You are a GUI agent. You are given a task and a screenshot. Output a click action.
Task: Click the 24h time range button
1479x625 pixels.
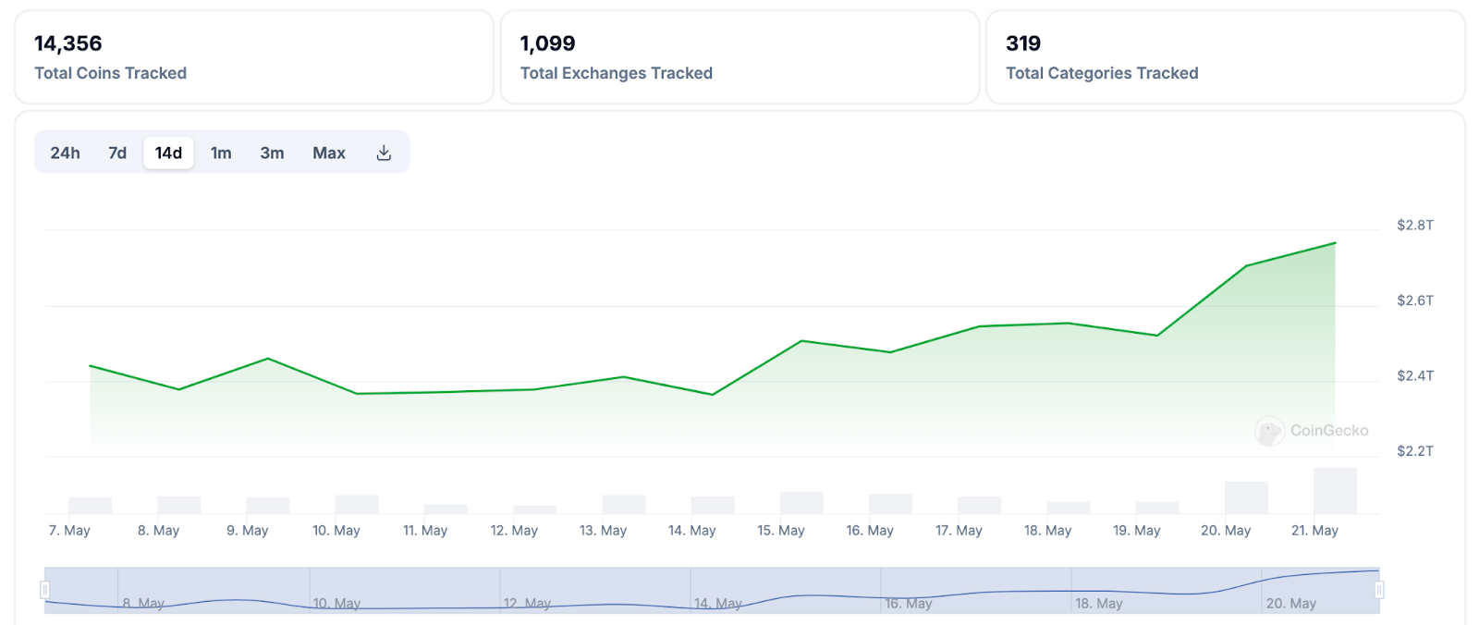coord(65,153)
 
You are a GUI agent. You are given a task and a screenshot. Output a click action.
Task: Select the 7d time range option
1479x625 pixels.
coord(117,153)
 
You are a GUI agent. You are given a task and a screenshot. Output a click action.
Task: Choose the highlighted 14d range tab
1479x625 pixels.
coord(168,153)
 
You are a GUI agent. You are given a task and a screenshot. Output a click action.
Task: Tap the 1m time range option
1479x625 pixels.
coord(221,153)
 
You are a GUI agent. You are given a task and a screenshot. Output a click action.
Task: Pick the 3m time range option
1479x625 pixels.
coord(272,153)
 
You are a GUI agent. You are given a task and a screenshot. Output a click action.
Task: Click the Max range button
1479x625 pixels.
coord(329,153)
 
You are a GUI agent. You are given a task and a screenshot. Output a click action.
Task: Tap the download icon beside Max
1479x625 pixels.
coord(384,153)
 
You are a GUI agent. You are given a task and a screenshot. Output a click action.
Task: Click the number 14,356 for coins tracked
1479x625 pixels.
coord(68,43)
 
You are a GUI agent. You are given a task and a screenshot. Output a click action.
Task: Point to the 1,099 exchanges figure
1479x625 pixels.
coord(547,43)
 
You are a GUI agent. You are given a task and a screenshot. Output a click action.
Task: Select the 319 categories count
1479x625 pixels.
coord(1023,43)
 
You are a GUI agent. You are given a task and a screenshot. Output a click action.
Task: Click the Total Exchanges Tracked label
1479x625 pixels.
coord(616,73)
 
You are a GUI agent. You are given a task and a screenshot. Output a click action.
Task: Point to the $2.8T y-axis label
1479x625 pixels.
coord(1414,226)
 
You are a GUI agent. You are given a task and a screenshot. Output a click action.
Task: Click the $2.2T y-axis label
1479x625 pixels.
coord(1414,451)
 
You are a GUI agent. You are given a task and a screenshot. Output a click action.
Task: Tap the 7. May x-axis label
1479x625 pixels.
coord(69,531)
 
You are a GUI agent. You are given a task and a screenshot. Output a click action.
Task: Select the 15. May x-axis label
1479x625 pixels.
coord(781,531)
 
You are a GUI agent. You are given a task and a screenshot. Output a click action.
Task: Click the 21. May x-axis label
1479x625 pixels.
coord(1314,531)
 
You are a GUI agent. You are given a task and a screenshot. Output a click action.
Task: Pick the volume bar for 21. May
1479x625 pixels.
coord(1335,491)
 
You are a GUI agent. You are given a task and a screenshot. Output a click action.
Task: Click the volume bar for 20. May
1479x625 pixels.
coord(1246,497)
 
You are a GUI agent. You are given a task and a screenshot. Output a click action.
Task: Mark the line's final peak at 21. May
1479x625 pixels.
coord(1335,243)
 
